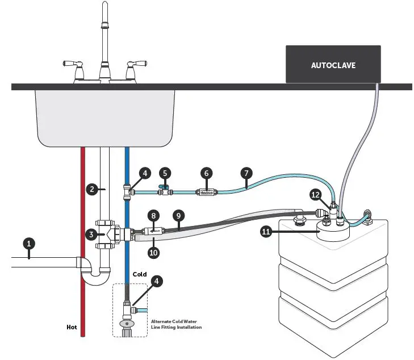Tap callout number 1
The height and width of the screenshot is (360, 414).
pyautogui.click(x=31, y=244)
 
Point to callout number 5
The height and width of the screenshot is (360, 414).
pyautogui.click(x=165, y=172)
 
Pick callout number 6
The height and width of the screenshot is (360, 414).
pyautogui.click(x=206, y=172)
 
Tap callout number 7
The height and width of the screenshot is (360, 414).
pyautogui.click(x=245, y=172)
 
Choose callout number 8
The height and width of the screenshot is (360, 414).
pyautogui.click(x=153, y=215)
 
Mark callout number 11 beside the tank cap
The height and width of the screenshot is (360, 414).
pyautogui.click(x=265, y=232)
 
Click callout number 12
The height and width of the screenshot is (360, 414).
pyautogui.click(x=316, y=194)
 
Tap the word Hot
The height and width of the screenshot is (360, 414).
pyautogui.click(x=72, y=327)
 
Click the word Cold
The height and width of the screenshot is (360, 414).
pyautogui.click(x=140, y=274)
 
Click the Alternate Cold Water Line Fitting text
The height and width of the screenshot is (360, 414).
pyautogui.click(x=176, y=324)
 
